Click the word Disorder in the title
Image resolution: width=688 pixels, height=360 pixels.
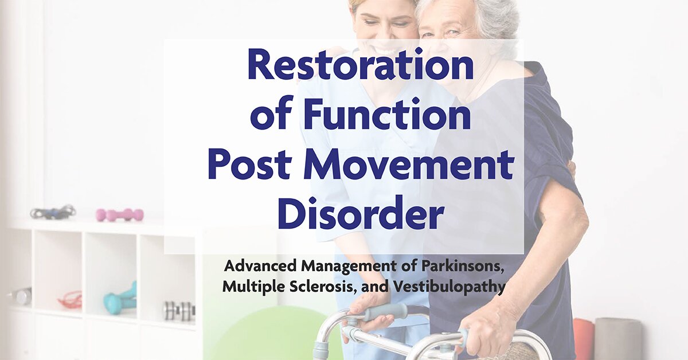click(361, 214)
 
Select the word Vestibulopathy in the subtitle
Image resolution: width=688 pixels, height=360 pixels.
click(447, 286)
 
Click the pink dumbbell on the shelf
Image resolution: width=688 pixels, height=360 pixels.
click(120, 214)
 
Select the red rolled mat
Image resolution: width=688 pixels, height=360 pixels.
click(584, 339)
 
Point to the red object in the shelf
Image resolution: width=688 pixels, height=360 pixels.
click(69, 300)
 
